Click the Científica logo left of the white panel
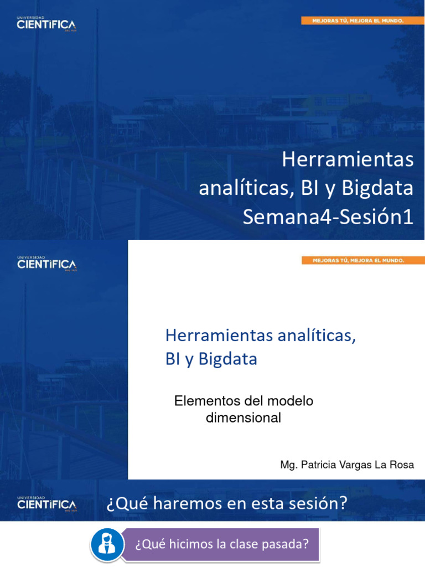46,264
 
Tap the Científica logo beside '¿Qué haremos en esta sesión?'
46,504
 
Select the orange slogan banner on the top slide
355,20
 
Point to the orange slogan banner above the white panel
355,260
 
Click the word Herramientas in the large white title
348,160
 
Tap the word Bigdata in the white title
377,189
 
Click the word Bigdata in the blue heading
227,359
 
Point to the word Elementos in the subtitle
201,401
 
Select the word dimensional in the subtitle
243,418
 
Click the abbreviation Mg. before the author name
288,465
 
